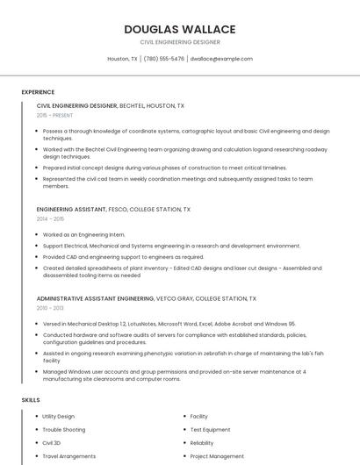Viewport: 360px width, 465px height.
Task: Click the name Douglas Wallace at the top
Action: point(179,28)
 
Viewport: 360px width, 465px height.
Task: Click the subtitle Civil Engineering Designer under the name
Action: point(179,42)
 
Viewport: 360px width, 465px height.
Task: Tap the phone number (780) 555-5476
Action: point(164,59)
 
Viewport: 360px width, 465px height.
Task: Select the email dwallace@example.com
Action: point(221,59)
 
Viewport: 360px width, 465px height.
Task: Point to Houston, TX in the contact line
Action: point(122,59)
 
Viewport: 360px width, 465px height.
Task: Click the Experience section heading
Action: point(38,92)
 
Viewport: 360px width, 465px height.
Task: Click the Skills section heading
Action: point(31,400)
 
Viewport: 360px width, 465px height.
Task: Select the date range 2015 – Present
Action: point(55,115)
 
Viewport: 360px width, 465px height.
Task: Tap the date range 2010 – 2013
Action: point(50,308)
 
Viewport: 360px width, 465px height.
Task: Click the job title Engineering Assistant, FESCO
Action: point(113,210)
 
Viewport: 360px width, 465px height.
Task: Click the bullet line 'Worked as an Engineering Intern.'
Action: point(83,235)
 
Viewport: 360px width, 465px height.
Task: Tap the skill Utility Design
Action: point(59,416)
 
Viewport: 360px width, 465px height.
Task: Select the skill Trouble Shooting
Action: point(63,430)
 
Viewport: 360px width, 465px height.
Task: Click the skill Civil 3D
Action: point(52,443)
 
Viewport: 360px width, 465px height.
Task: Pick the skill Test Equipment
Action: point(209,430)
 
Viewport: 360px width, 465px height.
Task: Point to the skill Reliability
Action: point(202,443)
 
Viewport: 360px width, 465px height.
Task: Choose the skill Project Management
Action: point(217,456)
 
